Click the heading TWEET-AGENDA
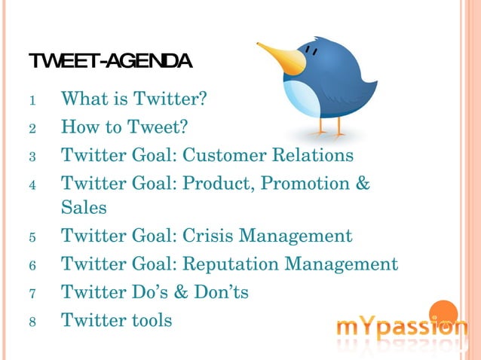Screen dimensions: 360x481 110,60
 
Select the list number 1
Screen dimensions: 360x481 32,99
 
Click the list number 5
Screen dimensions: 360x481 32,237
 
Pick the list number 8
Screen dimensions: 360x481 32,322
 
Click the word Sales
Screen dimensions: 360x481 84,207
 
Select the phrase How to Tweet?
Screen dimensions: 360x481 124,127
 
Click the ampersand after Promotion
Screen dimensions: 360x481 362,185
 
